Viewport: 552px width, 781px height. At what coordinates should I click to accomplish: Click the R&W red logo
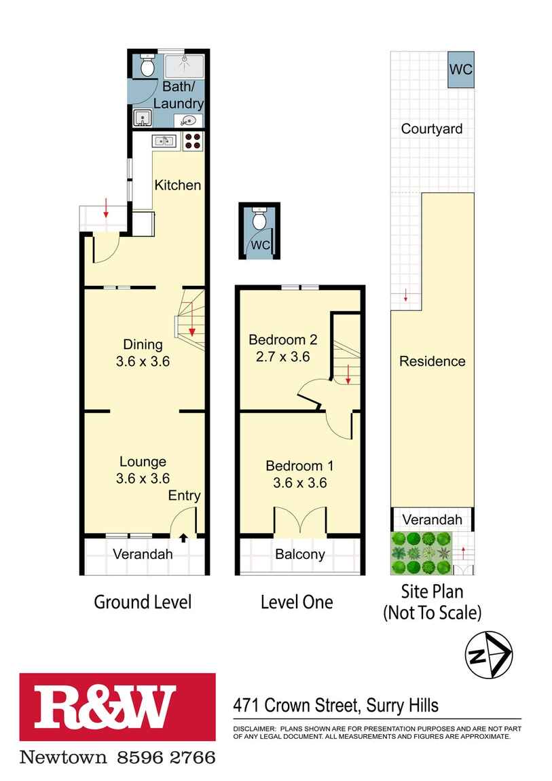coord(117,706)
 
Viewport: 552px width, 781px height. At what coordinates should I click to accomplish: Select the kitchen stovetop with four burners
coord(192,141)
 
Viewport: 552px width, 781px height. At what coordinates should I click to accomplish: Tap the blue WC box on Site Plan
coord(461,69)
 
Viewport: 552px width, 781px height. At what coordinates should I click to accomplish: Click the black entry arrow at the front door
coord(183,539)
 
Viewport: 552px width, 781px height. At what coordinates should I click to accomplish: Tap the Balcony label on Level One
coord(299,554)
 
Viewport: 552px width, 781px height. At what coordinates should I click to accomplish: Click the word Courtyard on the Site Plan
coord(431,128)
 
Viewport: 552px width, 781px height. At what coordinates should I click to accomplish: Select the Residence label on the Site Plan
coord(432,361)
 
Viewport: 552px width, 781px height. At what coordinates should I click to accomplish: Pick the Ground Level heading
coord(143,602)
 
